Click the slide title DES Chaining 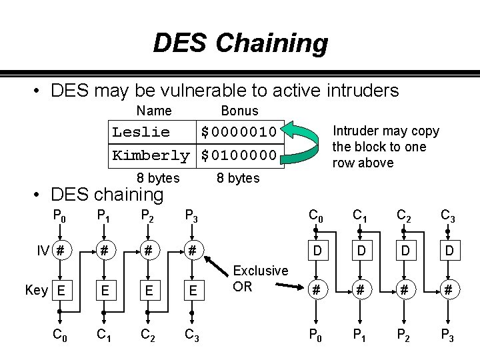tap(240, 44)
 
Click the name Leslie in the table tap(141, 131)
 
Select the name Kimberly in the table tap(151, 155)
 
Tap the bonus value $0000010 tap(238, 131)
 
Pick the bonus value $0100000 tap(238, 155)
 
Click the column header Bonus tap(239, 111)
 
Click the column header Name tap(153, 111)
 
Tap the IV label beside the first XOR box tap(43, 251)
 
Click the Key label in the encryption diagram tap(35, 289)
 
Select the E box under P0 tap(61, 290)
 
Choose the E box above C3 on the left tap(192, 290)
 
